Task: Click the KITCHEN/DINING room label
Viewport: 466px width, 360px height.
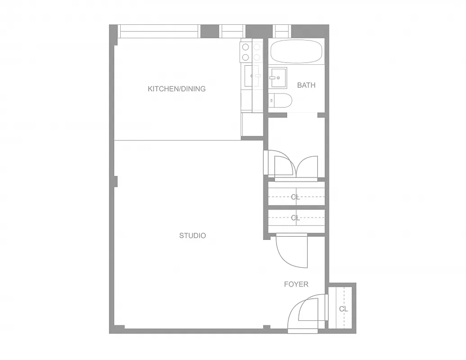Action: pyautogui.click(x=176, y=89)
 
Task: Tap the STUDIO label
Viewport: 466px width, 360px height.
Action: pyautogui.click(x=192, y=235)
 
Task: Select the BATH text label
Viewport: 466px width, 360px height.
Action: pyautogui.click(x=306, y=85)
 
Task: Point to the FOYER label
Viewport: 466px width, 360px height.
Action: pyautogui.click(x=296, y=284)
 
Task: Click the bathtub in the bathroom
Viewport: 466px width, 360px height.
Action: pyautogui.click(x=297, y=51)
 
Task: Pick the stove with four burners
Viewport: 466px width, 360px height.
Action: pyautogui.click(x=251, y=51)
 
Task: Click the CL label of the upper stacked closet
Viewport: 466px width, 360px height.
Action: pyautogui.click(x=295, y=197)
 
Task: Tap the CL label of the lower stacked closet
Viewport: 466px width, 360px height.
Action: pyautogui.click(x=295, y=218)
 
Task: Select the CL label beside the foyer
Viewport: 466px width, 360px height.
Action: pyautogui.click(x=344, y=309)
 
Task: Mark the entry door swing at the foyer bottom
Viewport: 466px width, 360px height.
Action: pyautogui.click(x=306, y=313)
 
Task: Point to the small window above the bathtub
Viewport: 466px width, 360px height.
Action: pyautogui.click(x=282, y=31)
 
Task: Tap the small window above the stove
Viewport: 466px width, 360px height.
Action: pyautogui.click(x=232, y=31)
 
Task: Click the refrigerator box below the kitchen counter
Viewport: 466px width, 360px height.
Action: pyautogui.click(x=252, y=124)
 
